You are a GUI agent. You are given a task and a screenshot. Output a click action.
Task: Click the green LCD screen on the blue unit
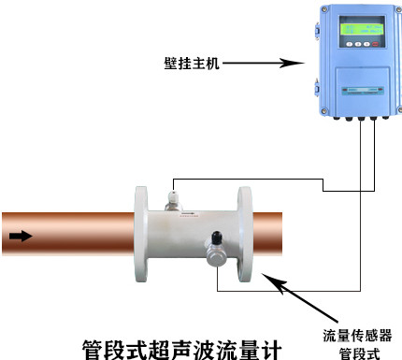[x=361, y=30]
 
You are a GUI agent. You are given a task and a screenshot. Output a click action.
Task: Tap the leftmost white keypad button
[x=350, y=44]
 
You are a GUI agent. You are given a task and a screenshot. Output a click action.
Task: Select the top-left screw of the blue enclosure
[x=325, y=10]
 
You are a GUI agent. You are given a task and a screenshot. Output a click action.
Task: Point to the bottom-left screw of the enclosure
[x=324, y=110]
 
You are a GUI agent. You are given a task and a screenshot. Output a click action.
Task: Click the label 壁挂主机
[x=192, y=63]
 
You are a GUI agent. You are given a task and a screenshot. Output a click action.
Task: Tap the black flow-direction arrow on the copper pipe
[x=21, y=236]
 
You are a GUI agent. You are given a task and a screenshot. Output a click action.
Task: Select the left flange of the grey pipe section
[x=141, y=234]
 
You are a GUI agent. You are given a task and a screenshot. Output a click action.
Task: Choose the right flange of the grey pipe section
[x=245, y=234]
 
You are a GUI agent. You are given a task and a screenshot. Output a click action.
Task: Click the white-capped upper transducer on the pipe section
[x=174, y=201]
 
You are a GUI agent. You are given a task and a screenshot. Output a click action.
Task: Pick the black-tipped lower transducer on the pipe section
[x=216, y=249]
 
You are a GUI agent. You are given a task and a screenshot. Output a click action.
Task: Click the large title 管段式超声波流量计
[x=182, y=350]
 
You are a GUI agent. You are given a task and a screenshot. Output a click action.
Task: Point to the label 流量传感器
[x=357, y=336]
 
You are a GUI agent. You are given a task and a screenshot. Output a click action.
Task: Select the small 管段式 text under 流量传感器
[x=359, y=353]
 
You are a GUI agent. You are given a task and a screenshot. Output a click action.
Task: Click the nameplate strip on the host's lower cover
[x=363, y=91]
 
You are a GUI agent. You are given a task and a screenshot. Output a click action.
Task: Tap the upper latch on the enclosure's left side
[x=317, y=29]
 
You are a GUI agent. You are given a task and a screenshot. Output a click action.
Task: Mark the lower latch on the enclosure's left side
[x=317, y=88]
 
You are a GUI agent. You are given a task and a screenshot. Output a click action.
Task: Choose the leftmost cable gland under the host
[x=337, y=118]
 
